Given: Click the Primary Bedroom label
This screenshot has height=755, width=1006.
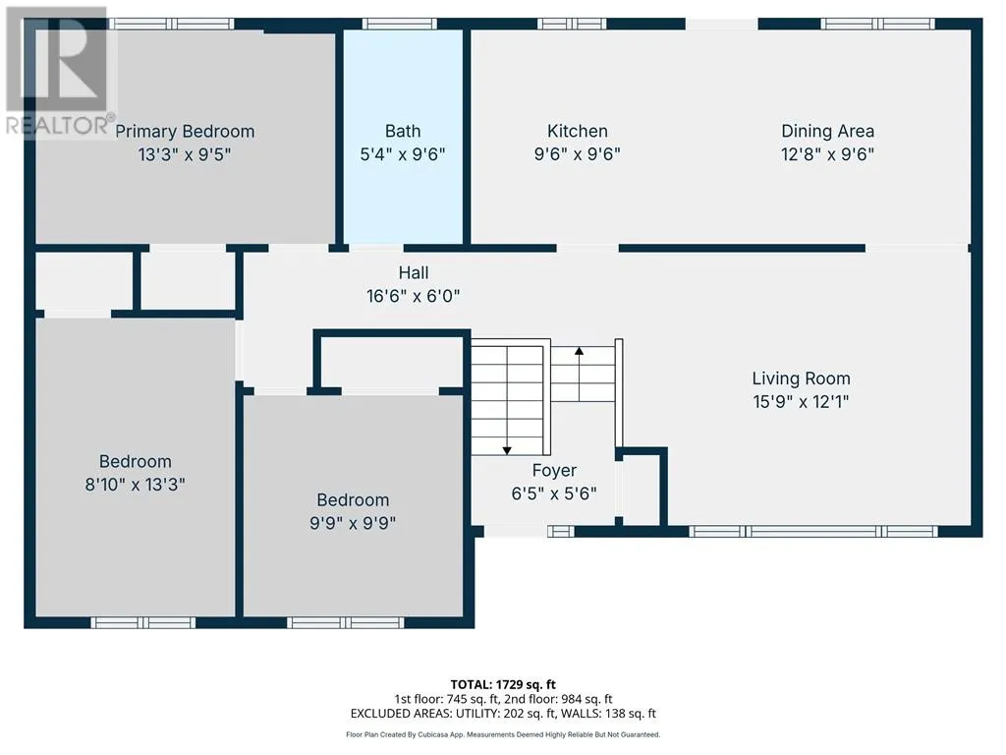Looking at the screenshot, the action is coord(185,132).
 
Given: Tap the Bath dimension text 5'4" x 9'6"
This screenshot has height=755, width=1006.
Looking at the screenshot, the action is coord(403,154).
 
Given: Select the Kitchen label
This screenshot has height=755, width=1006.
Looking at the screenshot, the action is coord(578,131).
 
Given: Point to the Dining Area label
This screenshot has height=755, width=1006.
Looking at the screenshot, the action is coord(827,132).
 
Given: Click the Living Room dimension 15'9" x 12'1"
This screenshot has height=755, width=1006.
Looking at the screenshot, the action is coord(802,402).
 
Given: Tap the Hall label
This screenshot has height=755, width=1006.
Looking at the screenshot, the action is coord(414,273).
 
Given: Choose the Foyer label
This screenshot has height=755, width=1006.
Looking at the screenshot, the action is coord(554,471).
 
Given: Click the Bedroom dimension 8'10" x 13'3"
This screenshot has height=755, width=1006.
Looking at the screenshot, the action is coord(136,484).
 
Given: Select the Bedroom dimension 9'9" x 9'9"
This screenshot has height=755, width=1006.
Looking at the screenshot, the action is coord(353,523).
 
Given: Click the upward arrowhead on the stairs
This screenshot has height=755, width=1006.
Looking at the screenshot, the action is coord(580,351).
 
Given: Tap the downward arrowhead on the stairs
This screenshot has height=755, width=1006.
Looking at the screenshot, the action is coord(507,450).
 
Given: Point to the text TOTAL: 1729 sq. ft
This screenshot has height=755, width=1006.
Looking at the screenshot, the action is coord(503,684).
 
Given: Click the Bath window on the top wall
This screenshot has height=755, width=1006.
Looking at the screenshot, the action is coord(400,24).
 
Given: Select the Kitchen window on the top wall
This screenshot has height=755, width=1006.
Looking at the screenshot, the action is coord(572,24).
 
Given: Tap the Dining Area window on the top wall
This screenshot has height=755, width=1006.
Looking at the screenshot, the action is coord(877,24).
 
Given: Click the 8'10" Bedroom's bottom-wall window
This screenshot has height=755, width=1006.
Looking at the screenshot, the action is coord(143,622).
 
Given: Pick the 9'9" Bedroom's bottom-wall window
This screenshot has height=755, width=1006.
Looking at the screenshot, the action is coord(346,622).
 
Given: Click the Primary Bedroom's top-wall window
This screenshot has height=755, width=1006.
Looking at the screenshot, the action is coord(171,24).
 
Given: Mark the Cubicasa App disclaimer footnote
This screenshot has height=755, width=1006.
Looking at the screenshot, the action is coord(503,734).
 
